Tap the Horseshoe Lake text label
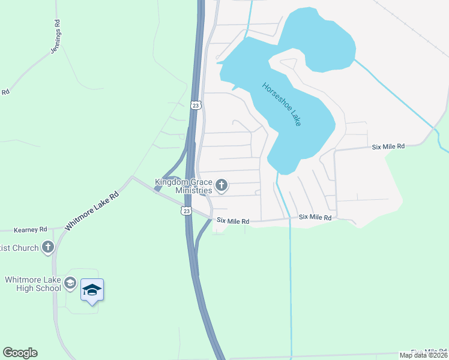[282, 103]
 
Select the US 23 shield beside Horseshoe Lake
[196, 105]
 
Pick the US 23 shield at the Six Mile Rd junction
[187, 211]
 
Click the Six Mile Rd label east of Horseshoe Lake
[388, 146]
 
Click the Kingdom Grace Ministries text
[183, 186]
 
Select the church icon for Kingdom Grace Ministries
[221, 185]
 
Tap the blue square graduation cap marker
[92, 290]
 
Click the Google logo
[20, 353]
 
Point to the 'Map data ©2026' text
[424, 355]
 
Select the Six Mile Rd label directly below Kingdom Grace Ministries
[233, 221]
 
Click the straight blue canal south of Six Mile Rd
[291, 288]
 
